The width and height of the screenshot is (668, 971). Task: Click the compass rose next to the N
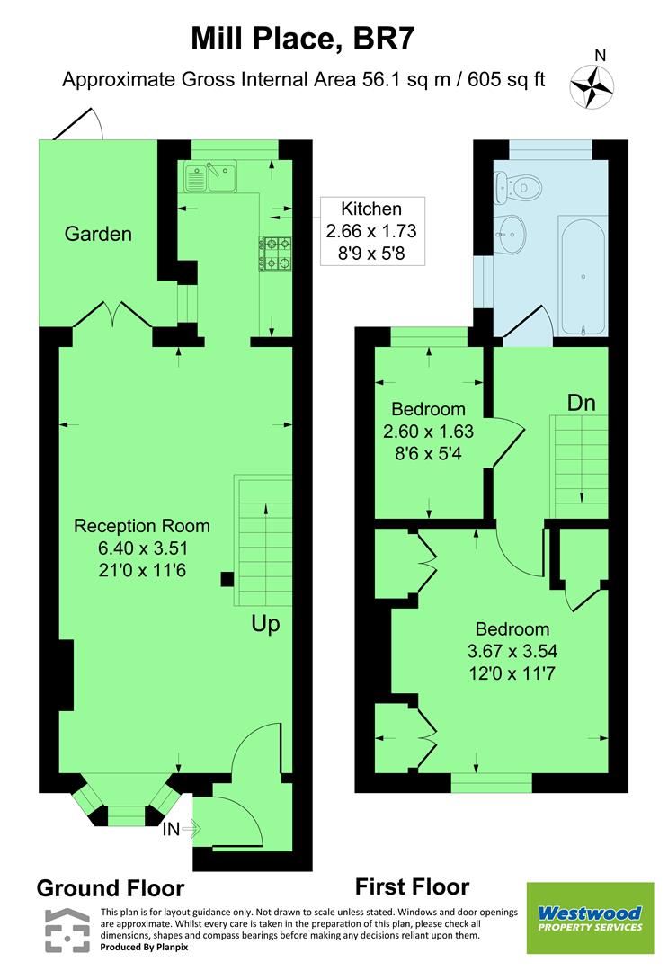(x=592, y=86)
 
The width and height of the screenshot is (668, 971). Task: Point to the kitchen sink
(x=209, y=177)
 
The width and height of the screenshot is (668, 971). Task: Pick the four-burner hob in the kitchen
(x=277, y=253)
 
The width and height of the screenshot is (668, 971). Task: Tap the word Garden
(x=98, y=235)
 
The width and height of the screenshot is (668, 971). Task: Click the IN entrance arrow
(x=180, y=829)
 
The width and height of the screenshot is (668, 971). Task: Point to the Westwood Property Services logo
(x=590, y=919)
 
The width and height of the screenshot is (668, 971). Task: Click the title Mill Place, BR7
(x=303, y=40)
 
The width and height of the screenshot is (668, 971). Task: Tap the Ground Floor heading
(x=110, y=888)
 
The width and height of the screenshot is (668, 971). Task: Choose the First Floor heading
(x=412, y=887)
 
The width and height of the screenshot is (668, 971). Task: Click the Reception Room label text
(x=142, y=526)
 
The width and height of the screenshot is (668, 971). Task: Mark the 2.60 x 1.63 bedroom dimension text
(x=428, y=431)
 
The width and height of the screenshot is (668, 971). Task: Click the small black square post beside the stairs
(x=227, y=580)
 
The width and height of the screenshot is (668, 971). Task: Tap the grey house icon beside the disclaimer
(x=68, y=931)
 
